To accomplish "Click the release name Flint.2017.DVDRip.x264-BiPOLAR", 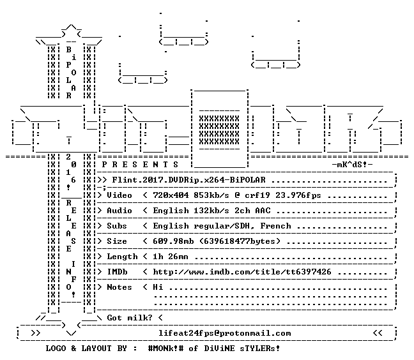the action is point(188,180).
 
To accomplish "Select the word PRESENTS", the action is point(140,165).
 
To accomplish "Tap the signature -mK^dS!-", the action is point(353,165).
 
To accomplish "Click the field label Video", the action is point(119,195).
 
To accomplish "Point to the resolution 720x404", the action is point(171,195).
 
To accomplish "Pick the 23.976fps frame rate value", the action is point(298,195).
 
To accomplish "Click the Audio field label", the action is point(119,211).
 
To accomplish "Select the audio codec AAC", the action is point(263,211).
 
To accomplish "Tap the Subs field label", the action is point(117,226).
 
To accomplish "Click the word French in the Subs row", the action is point(275,226).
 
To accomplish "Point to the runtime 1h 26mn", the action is point(171,257).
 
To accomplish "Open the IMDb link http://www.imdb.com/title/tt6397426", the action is point(242,272).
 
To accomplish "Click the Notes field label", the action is point(119,287).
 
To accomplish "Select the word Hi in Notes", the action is point(158,287).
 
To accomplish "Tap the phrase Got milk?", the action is point(130,317).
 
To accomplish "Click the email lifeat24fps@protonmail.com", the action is point(225,333).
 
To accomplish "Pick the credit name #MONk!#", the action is point(166,349).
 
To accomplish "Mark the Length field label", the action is point(122,257).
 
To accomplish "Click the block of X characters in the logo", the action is point(219,130).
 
